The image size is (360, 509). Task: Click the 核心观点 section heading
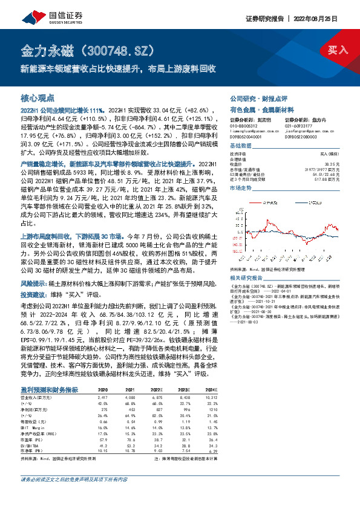(x=38, y=97)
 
